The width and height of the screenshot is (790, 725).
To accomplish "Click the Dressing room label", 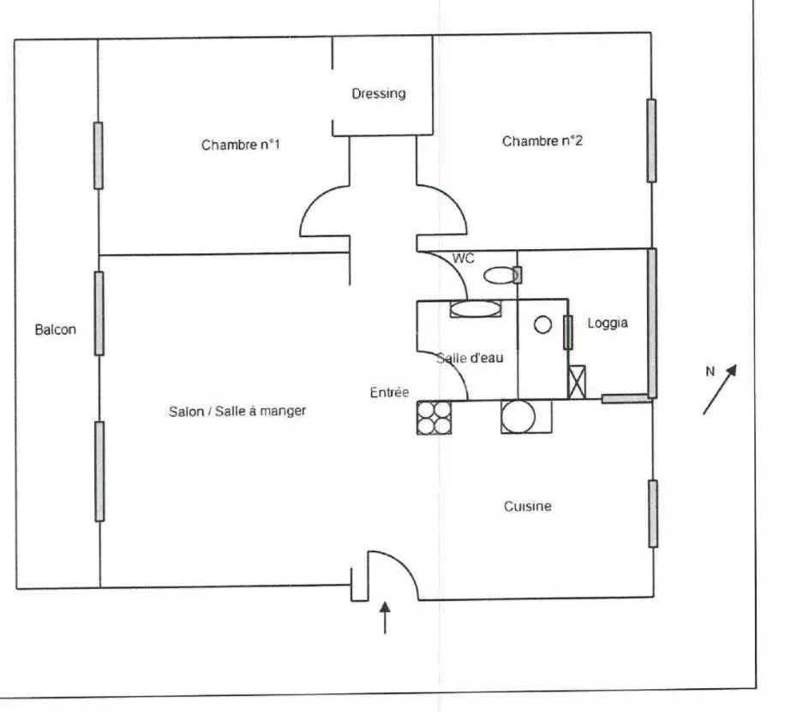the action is pyautogui.click(x=379, y=94).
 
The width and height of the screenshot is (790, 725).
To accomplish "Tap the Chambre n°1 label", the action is pyautogui.click(x=240, y=145).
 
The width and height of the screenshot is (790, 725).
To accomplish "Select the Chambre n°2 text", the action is pyautogui.click(x=542, y=141).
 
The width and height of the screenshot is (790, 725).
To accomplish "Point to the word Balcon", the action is pyautogui.click(x=56, y=330).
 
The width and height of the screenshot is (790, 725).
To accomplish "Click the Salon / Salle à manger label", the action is pyautogui.click(x=237, y=412).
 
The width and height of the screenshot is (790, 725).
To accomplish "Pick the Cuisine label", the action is pyautogui.click(x=528, y=506).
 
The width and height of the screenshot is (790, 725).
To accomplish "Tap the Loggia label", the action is pyautogui.click(x=607, y=324).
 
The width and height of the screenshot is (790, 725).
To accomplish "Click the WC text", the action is pyautogui.click(x=463, y=259).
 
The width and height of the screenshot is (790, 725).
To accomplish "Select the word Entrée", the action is pyautogui.click(x=389, y=392).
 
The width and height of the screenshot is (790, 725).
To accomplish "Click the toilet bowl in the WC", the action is pyautogui.click(x=501, y=276).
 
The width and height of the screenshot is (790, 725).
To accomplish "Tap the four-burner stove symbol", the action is pyautogui.click(x=434, y=418).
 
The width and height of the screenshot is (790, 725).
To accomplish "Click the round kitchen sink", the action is pyautogui.click(x=518, y=416).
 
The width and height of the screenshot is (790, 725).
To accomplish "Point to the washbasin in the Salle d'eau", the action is pyautogui.click(x=475, y=309).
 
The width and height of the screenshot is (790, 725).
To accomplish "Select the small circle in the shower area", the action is pyautogui.click(x=542, y=324).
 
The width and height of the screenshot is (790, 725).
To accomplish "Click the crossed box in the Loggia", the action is pyautogui.click(x=577, y=382).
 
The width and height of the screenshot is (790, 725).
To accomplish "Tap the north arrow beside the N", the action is pyautogui.click(x=720, y=389).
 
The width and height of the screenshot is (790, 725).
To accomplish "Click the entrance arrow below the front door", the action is pyautogui.click(x=385, y=617).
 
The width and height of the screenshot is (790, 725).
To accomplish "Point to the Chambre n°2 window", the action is pyautogui.click(x=651, y=140).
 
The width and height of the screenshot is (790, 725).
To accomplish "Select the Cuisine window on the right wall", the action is pyautogui.click(x=653, y=514).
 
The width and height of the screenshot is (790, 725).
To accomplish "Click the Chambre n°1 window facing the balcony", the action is pyautogui.click(x=99, y=156).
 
